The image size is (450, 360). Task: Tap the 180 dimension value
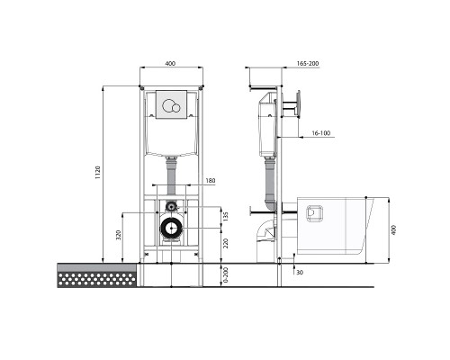click(x=209, y=182)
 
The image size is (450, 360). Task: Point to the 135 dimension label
click(x=225, y=216)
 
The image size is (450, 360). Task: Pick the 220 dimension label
click(x=225, y=242)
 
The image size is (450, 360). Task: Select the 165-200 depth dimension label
click(x=309, y=65)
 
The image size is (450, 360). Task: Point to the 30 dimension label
click(x=298, y=273)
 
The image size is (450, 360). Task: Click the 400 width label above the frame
click(x=172, y=65)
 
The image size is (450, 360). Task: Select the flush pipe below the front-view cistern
click(x=171, y=172)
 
